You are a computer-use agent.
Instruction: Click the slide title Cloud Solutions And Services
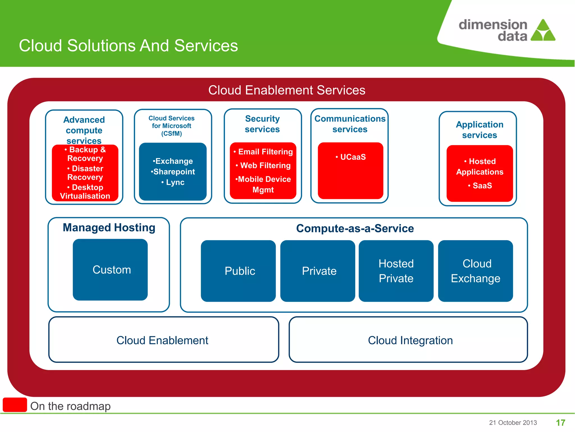128,46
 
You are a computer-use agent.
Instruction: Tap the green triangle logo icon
543,31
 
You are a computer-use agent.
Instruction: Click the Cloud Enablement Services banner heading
287,90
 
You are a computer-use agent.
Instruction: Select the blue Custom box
110,270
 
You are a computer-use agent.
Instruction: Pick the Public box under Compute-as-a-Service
238,271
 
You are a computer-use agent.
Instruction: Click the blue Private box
318,271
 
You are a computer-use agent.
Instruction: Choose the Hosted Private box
396,271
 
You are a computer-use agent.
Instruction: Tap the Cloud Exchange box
475,271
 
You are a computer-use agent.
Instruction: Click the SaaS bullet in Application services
482,186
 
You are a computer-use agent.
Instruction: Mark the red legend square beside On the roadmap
15,405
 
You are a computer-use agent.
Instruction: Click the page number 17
560,422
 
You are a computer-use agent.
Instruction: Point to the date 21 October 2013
513,422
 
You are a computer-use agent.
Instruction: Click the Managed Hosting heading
109,228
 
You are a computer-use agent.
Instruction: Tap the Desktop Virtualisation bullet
85,192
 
